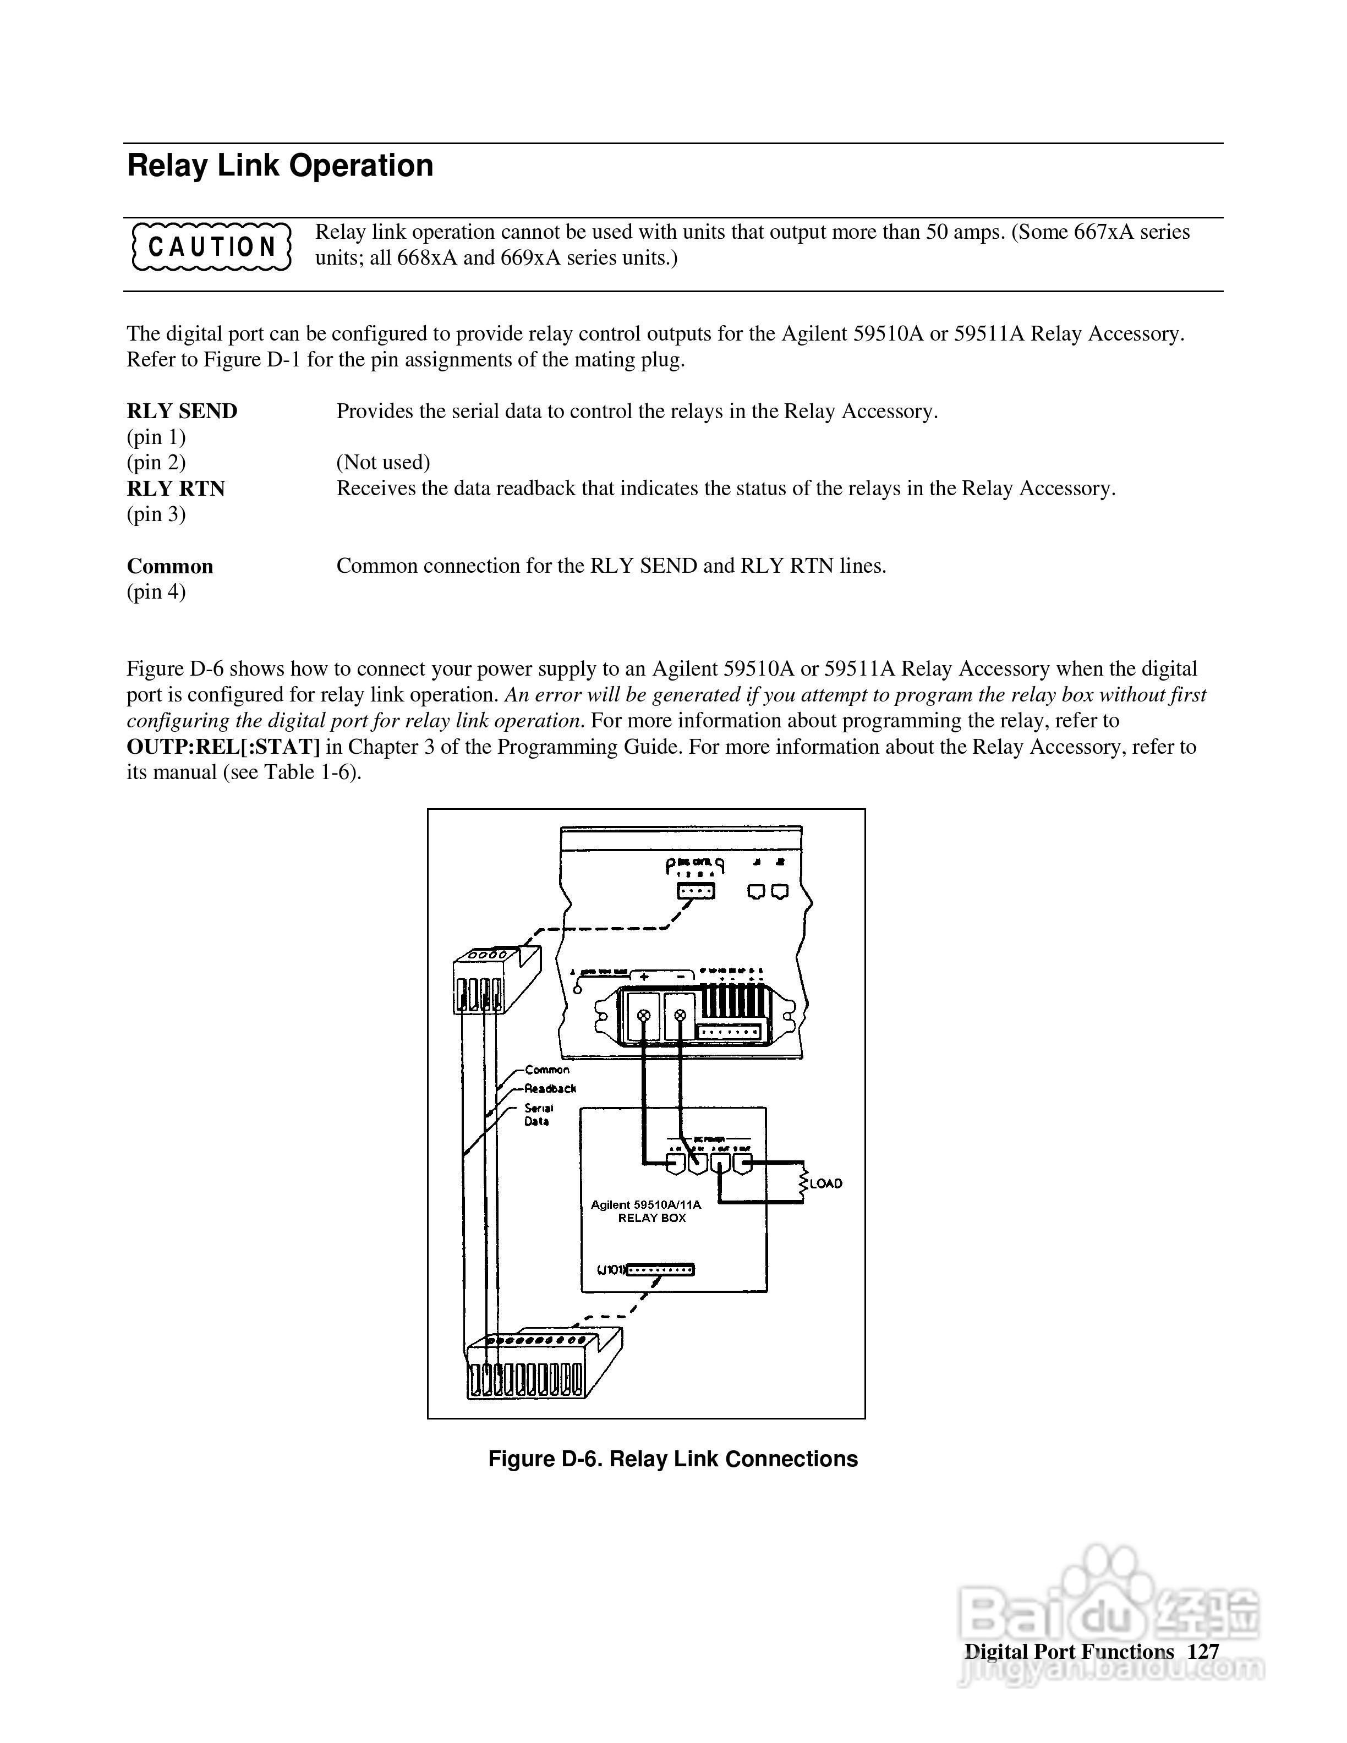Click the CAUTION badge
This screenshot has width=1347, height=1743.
click(211, 246)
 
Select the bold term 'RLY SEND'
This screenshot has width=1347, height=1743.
click(182, 412)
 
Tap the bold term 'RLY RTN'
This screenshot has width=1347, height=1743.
click(176, 489)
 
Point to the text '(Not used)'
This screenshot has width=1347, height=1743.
click(383, 463)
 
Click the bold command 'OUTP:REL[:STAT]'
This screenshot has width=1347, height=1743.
click(223, 747)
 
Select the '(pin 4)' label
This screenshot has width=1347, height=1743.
click(156, 591)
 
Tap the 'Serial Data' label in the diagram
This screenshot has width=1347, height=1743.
click(538, 1114)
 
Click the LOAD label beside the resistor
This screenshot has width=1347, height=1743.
click(825, 1183)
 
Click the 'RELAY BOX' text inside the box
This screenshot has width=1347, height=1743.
click(652, 1218)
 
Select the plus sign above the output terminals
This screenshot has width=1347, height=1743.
click(643, 977)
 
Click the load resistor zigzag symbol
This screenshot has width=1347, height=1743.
click(803, 1183)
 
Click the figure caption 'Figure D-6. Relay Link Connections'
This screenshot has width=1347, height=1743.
click(673, 1459)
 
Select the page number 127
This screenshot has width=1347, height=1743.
click(1203, 1651)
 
